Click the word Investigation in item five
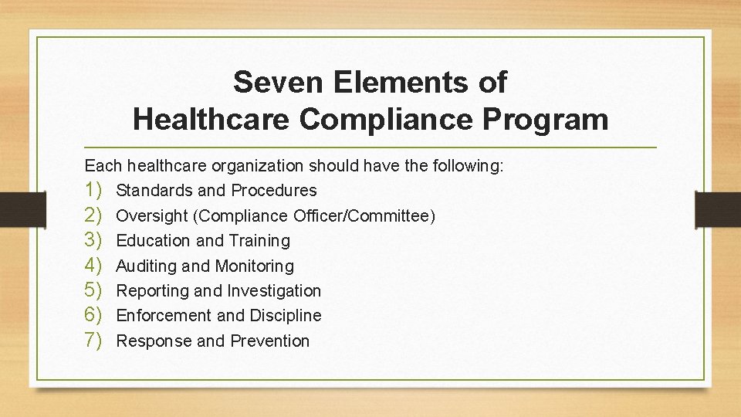click(x=274, y=290)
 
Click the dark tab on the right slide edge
click(x=718, y=208)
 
